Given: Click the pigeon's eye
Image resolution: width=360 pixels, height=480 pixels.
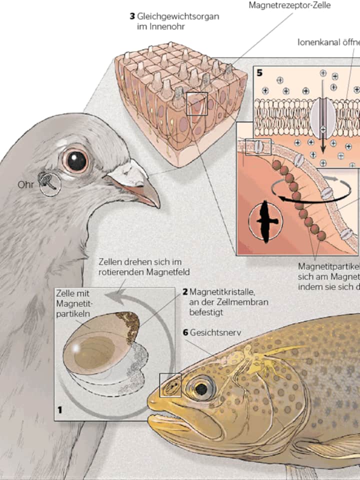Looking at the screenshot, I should point(76,160).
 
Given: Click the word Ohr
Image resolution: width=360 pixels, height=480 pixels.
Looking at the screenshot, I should point(25,185).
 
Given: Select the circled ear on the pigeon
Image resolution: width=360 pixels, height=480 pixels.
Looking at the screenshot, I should point(49,183).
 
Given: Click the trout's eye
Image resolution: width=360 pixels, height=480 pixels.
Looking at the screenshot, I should point(201,388).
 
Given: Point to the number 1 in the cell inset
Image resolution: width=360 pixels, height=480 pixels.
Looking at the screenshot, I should point(60,410).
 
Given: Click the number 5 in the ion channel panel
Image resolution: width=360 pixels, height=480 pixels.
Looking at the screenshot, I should point(260,73).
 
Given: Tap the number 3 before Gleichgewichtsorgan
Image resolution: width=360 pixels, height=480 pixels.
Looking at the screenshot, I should point(132,16).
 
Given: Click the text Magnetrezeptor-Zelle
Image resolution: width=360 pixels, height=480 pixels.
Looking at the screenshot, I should point(289,5).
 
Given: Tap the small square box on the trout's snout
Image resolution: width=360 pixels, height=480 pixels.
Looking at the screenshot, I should point(170,385).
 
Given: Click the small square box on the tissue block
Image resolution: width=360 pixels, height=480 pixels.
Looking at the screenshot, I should point(196,104).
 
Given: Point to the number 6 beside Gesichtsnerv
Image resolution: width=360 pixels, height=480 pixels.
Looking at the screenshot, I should point(185,332).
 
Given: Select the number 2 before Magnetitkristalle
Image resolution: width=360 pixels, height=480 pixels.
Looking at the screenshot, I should point(185,291).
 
